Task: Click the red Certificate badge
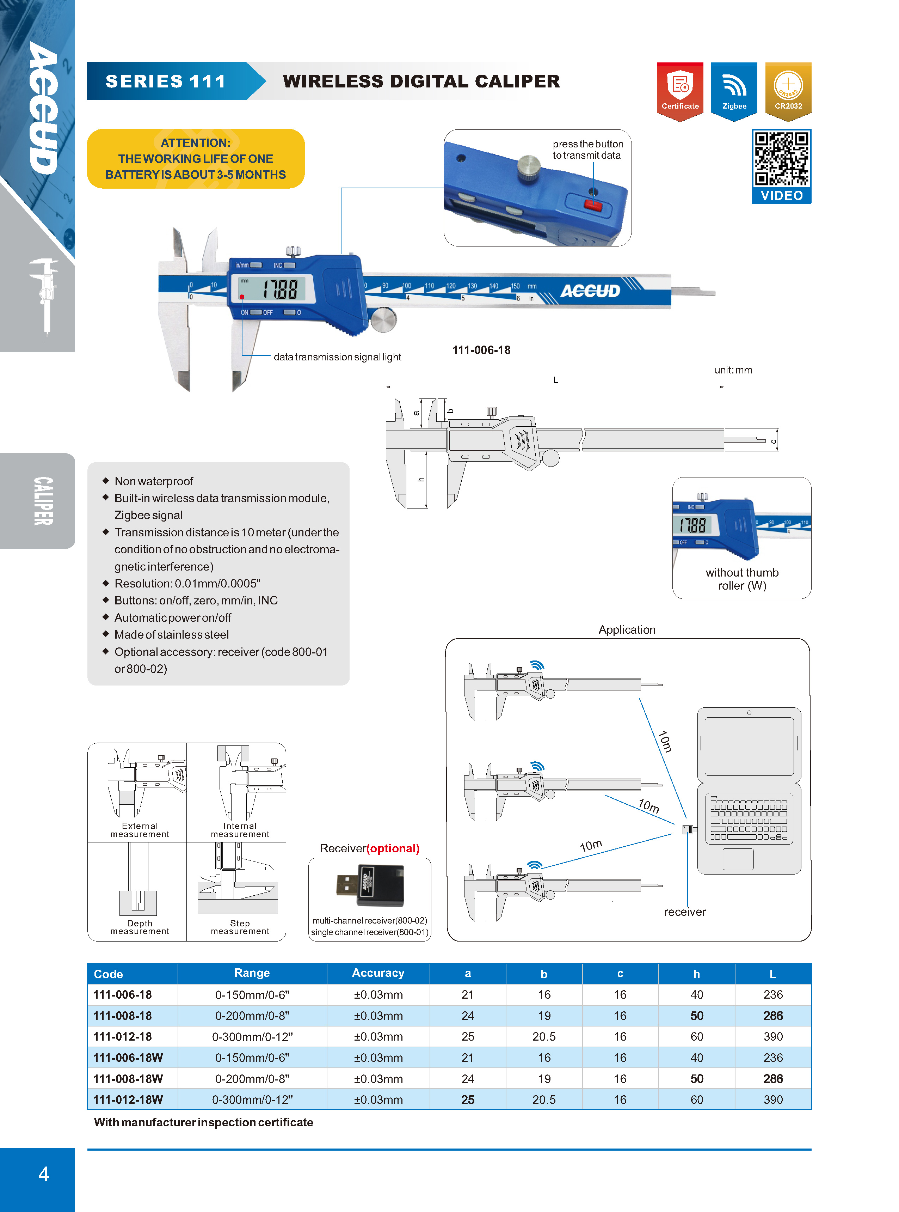tap(680, 90)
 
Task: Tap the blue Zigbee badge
tap(734, 90)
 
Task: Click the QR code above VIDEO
tap(781, 158)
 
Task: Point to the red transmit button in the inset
tap(592, 205)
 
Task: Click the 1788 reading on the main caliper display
tap(280, 289)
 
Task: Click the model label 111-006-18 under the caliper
tap(481, 350)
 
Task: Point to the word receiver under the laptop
tap(685, 912)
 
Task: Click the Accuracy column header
tap(378, 973)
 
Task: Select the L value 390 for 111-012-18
tap(773, 1037)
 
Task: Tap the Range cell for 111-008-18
tap(252, 1016)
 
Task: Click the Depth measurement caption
tap(140, 927)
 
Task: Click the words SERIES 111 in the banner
tap(165, 81)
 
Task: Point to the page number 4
tap(44, 1174)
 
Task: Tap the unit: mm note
tap(733, 370)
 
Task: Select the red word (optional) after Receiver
tap(393, 848)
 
